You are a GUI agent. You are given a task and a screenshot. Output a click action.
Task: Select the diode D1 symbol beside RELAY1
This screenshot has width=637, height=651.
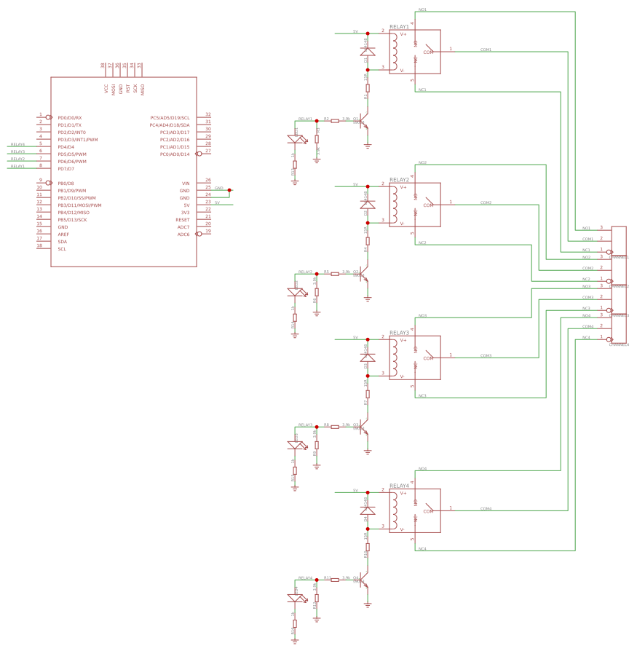(x=368, y=52)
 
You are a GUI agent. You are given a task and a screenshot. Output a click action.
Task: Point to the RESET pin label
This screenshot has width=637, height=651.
(x=182, y=219)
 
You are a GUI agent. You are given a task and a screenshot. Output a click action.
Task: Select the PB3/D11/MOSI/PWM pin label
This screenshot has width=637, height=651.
(x=79, y=205)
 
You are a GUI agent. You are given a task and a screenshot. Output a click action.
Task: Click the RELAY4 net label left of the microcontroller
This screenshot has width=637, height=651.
(x=18, y=144)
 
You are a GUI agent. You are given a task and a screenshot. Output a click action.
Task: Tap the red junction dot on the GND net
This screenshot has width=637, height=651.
(x=229, y=190)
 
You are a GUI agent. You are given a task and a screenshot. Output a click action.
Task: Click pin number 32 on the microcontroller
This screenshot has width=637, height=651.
(x=208, y=114)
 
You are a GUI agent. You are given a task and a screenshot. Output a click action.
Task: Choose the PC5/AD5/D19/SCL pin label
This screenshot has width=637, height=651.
(x=170, y=117)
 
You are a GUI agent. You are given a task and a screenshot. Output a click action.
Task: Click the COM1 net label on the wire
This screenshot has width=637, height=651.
(x=486, y=50)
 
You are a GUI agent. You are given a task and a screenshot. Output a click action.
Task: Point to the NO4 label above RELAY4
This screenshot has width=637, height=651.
(x=422, y=468)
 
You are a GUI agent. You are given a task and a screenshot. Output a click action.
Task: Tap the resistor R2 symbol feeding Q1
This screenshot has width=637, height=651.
(x=335, y=121)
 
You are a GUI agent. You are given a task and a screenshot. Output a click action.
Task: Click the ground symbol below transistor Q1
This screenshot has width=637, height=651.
(x=368, y=146)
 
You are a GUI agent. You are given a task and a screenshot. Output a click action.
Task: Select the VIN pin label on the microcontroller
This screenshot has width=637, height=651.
(x=185, y=183)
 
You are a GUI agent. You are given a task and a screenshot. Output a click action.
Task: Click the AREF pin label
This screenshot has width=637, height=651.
(x=63, y=234)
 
